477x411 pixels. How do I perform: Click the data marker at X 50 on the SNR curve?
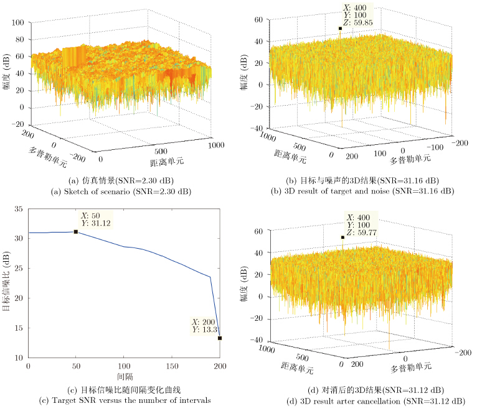coord(76,232)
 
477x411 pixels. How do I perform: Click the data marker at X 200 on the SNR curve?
coord(220,338)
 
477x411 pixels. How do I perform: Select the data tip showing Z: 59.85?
coord(357,14)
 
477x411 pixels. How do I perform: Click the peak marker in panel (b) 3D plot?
coord(341,29)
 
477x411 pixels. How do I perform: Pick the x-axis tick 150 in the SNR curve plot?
coord(172,367)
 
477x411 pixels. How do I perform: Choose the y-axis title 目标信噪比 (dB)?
coord(7,285)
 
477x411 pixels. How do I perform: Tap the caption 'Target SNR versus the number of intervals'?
coord(120,400)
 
